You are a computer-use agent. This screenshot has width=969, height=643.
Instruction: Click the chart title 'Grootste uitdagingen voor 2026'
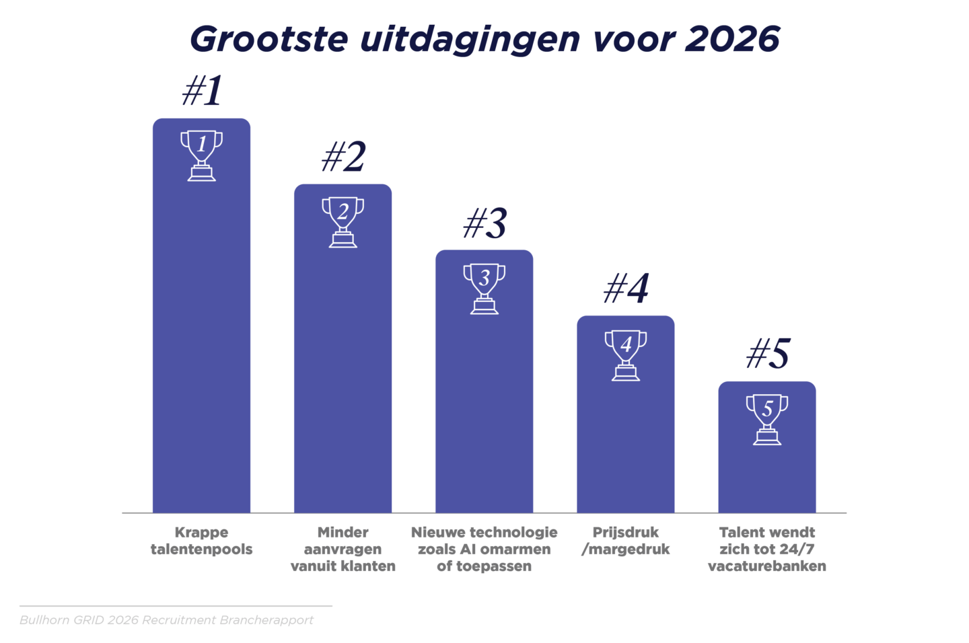(x=485, y=39)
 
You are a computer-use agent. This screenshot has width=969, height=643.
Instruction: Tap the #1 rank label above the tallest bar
(x=202, y=91)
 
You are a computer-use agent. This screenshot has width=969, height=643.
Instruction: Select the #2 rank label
(x=343, y=157)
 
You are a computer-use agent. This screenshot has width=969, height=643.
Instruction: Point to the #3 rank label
(x=485, y=223)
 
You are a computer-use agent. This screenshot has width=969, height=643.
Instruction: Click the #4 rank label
(x=626, y=289)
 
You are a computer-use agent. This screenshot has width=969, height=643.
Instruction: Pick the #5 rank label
(x=767, y=354)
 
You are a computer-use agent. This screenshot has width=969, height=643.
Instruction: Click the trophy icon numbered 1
(x=201, y=155)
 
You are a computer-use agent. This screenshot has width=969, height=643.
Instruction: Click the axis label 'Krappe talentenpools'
(x=201, y=541)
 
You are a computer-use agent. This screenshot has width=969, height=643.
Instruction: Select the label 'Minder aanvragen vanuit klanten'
(x=343, y=549)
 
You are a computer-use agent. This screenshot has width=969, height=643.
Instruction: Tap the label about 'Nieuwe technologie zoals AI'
(x=484, y=549)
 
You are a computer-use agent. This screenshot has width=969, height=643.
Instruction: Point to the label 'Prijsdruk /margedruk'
(x=625, y=541)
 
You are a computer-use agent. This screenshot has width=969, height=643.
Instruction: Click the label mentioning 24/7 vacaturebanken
(x=766, y=549)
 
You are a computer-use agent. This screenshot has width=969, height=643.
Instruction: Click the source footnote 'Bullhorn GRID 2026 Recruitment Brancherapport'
(x=166, y=620)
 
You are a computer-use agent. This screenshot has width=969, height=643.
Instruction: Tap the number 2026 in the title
(x=732, y=39)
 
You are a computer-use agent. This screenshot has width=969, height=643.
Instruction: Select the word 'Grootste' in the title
(x=269, y=39)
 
